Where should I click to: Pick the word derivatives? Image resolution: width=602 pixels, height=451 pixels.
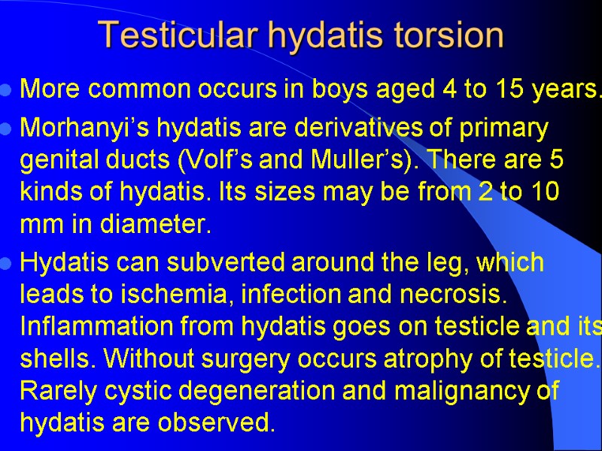357,129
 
